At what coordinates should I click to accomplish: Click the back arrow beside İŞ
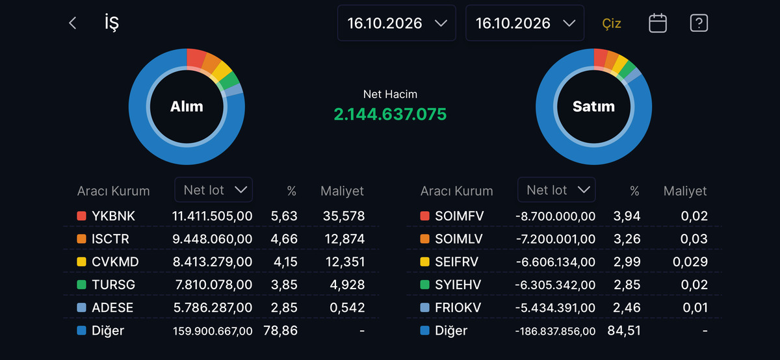(72, 23)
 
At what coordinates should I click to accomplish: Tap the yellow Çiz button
(612, 23)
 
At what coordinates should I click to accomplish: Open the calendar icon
(657, 23)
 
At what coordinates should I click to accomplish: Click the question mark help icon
(699, 23)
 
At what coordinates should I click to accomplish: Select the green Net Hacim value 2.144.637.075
(390, 114)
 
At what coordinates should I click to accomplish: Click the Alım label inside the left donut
(187, 107)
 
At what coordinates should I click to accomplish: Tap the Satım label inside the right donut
(593, 107)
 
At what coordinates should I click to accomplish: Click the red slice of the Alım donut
(196, 58)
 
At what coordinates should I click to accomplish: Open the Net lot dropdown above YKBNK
(213, 190)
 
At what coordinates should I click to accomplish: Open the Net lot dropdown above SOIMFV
(556, 190)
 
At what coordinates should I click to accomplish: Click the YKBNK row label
(113, 216)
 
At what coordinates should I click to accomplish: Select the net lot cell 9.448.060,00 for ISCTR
(212, 239)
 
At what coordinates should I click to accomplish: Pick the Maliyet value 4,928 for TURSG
(347, 285)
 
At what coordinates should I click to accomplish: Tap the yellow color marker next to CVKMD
(81, 262)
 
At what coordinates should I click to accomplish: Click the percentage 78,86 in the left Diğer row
(280, 331)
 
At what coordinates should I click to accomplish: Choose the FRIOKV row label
(458, 308)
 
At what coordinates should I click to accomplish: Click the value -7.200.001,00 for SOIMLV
(556, 239)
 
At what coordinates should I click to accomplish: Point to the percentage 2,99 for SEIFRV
(627, 262)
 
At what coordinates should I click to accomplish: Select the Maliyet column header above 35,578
(342, 191)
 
